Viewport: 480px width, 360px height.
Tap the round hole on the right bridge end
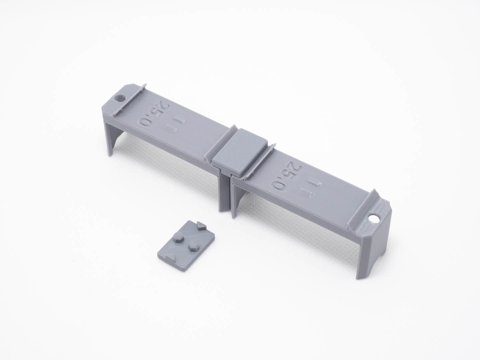tap(375, 219)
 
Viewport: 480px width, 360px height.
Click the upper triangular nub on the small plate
tap(201, 225)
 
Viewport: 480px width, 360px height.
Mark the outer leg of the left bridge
tap(112, 135)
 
